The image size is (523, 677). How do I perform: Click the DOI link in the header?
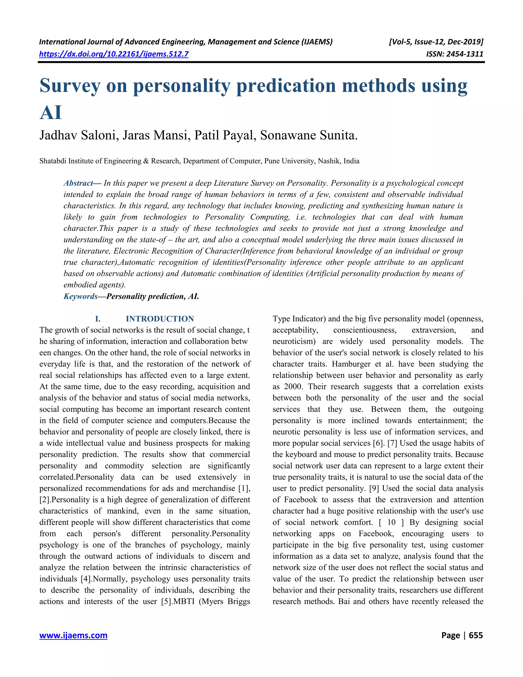coord(114,54)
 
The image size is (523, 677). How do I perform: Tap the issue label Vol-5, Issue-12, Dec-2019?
coord(436,42)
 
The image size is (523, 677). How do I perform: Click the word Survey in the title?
coord(70,86)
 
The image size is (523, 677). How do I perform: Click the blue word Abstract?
coord(78,183)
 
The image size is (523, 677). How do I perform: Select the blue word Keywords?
coord(80,296)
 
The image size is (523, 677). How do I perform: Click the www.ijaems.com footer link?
coord(74,635)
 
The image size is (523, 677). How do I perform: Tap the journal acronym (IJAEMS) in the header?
coord(317,42)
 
